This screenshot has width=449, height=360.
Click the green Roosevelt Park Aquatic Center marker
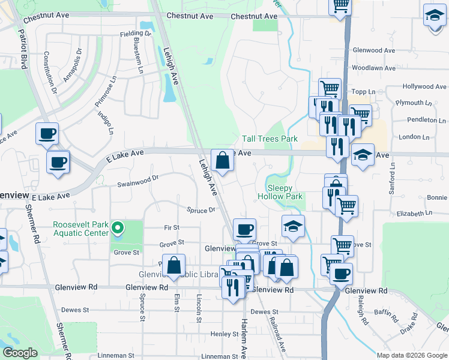click(x=118, y=228)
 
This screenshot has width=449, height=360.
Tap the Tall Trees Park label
click(x=270, y=139)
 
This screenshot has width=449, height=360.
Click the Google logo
click(x=20, y=353)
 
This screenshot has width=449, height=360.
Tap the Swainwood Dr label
click(x=138, y=181)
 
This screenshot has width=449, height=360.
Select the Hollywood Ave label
click(x=425, y=87)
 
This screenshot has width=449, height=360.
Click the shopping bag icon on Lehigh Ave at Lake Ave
click(x=222, y=160)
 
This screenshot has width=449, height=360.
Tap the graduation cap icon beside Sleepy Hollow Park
click(x=292, y=227)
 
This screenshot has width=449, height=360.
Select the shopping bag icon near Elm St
click(x=173, y=265)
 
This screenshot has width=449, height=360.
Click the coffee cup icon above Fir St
click(x=244, y=229)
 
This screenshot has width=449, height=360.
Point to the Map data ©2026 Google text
click(x=411, y=355)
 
